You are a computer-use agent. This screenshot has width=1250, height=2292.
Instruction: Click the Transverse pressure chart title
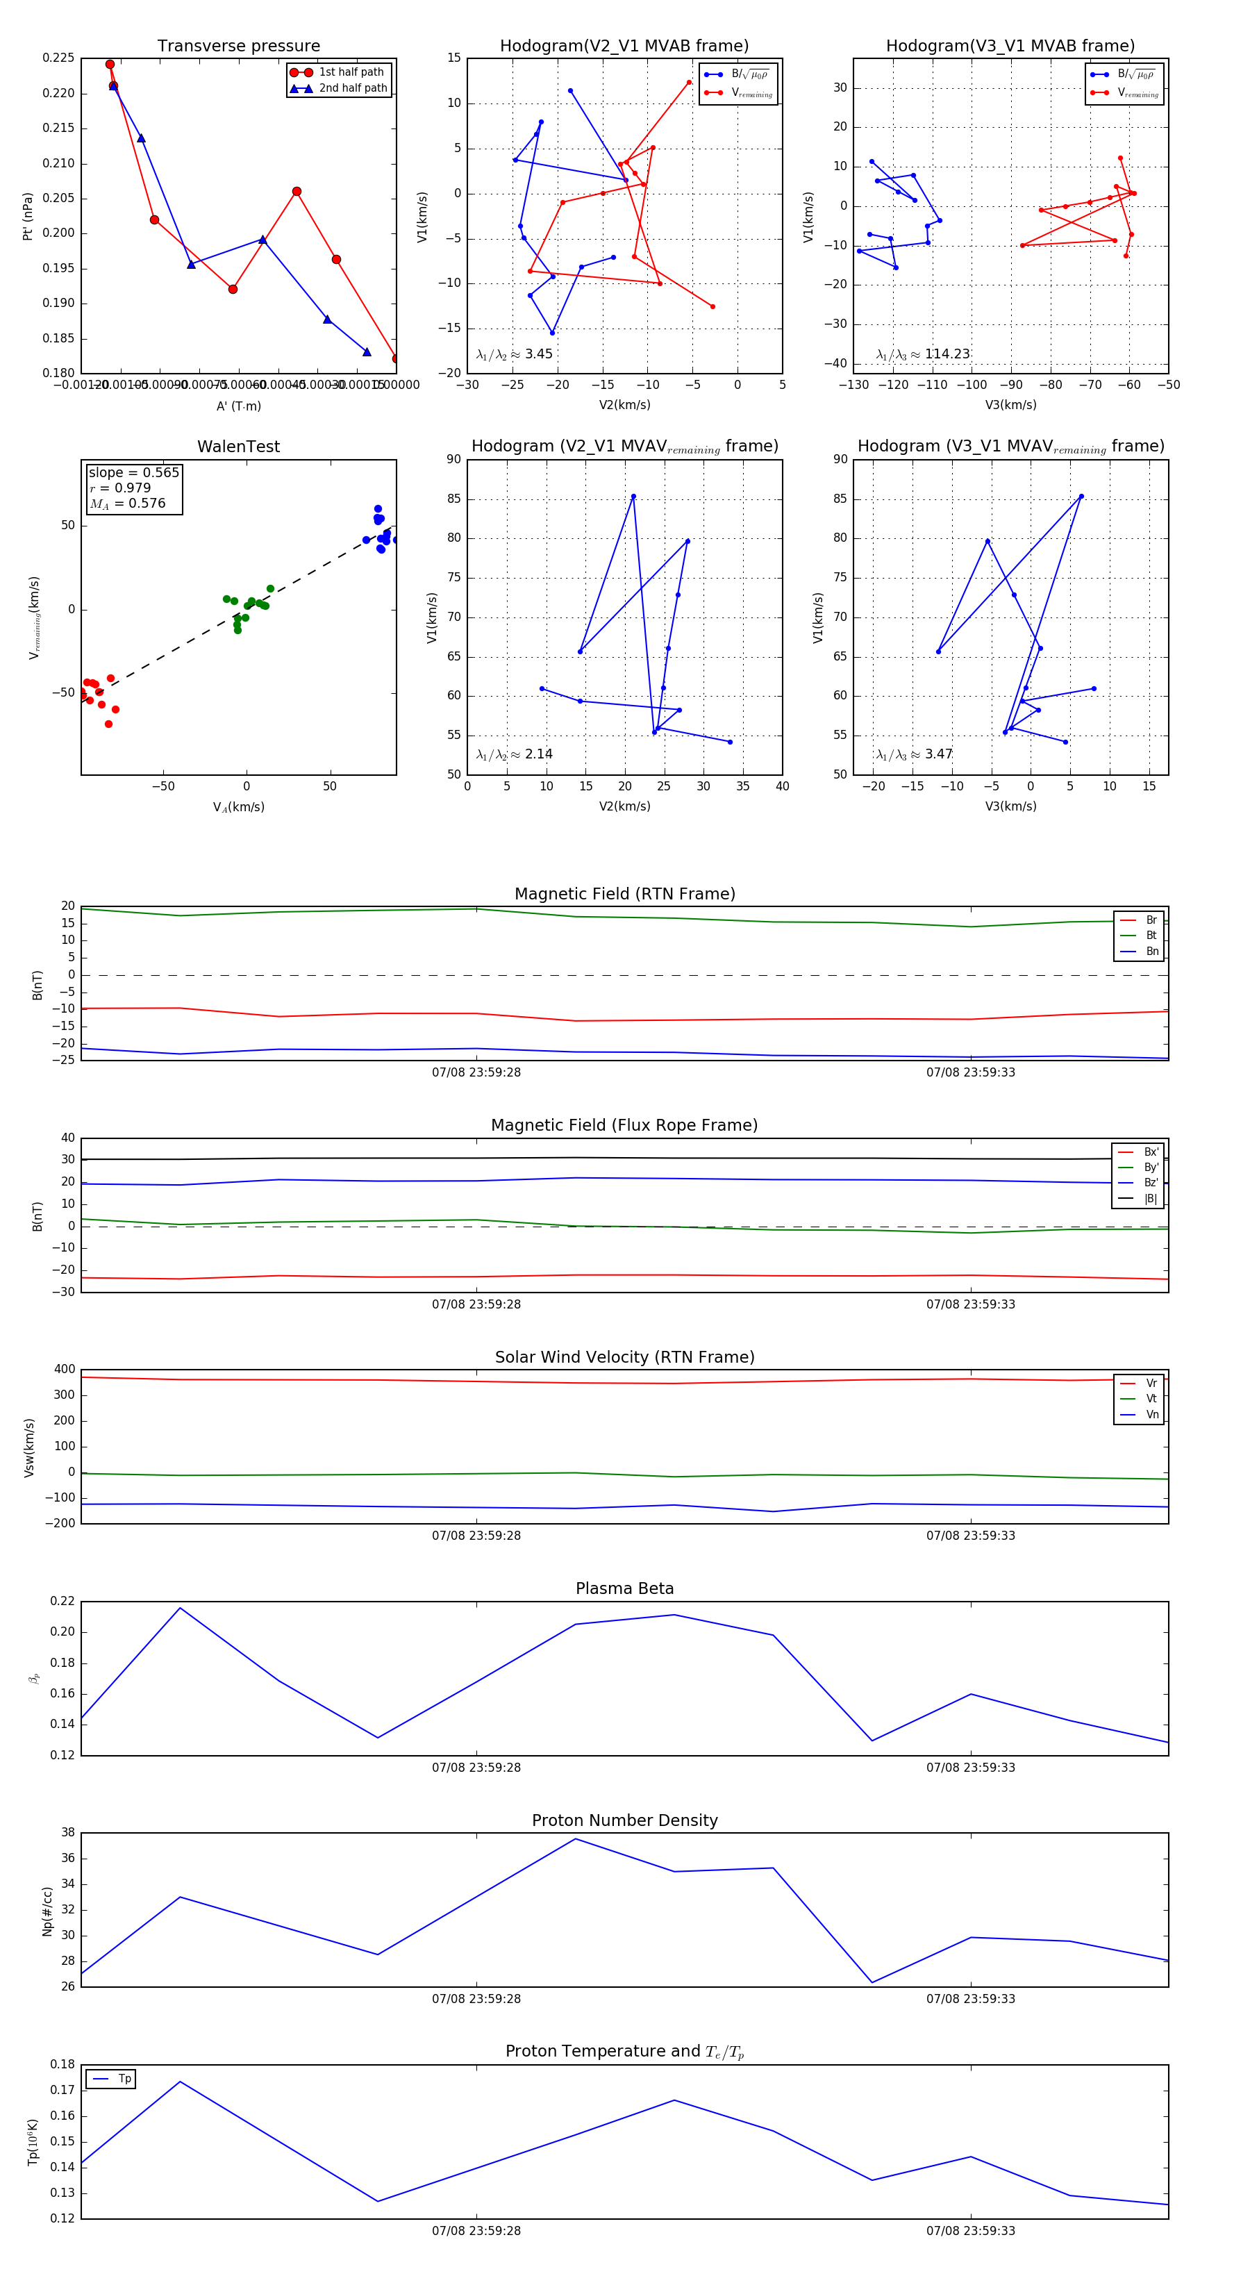[x=238, y=47]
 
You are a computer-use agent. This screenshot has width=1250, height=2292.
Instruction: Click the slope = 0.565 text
[x=133, y=472]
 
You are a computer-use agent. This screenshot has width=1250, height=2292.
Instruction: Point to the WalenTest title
[x=238, y=447]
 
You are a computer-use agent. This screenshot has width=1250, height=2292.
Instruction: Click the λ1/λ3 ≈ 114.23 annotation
[x=923, y=354]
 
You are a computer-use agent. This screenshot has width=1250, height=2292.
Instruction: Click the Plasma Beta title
[x=624, y=1589]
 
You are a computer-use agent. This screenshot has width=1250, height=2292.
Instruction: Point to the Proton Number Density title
[x=624, y=1820]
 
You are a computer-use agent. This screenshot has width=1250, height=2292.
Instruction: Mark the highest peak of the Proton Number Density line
[x=576, y=1839]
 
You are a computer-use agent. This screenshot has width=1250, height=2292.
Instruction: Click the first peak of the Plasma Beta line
[x=181, y=1608]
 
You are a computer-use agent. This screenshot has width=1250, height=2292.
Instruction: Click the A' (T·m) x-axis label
[x=238, y=406]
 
